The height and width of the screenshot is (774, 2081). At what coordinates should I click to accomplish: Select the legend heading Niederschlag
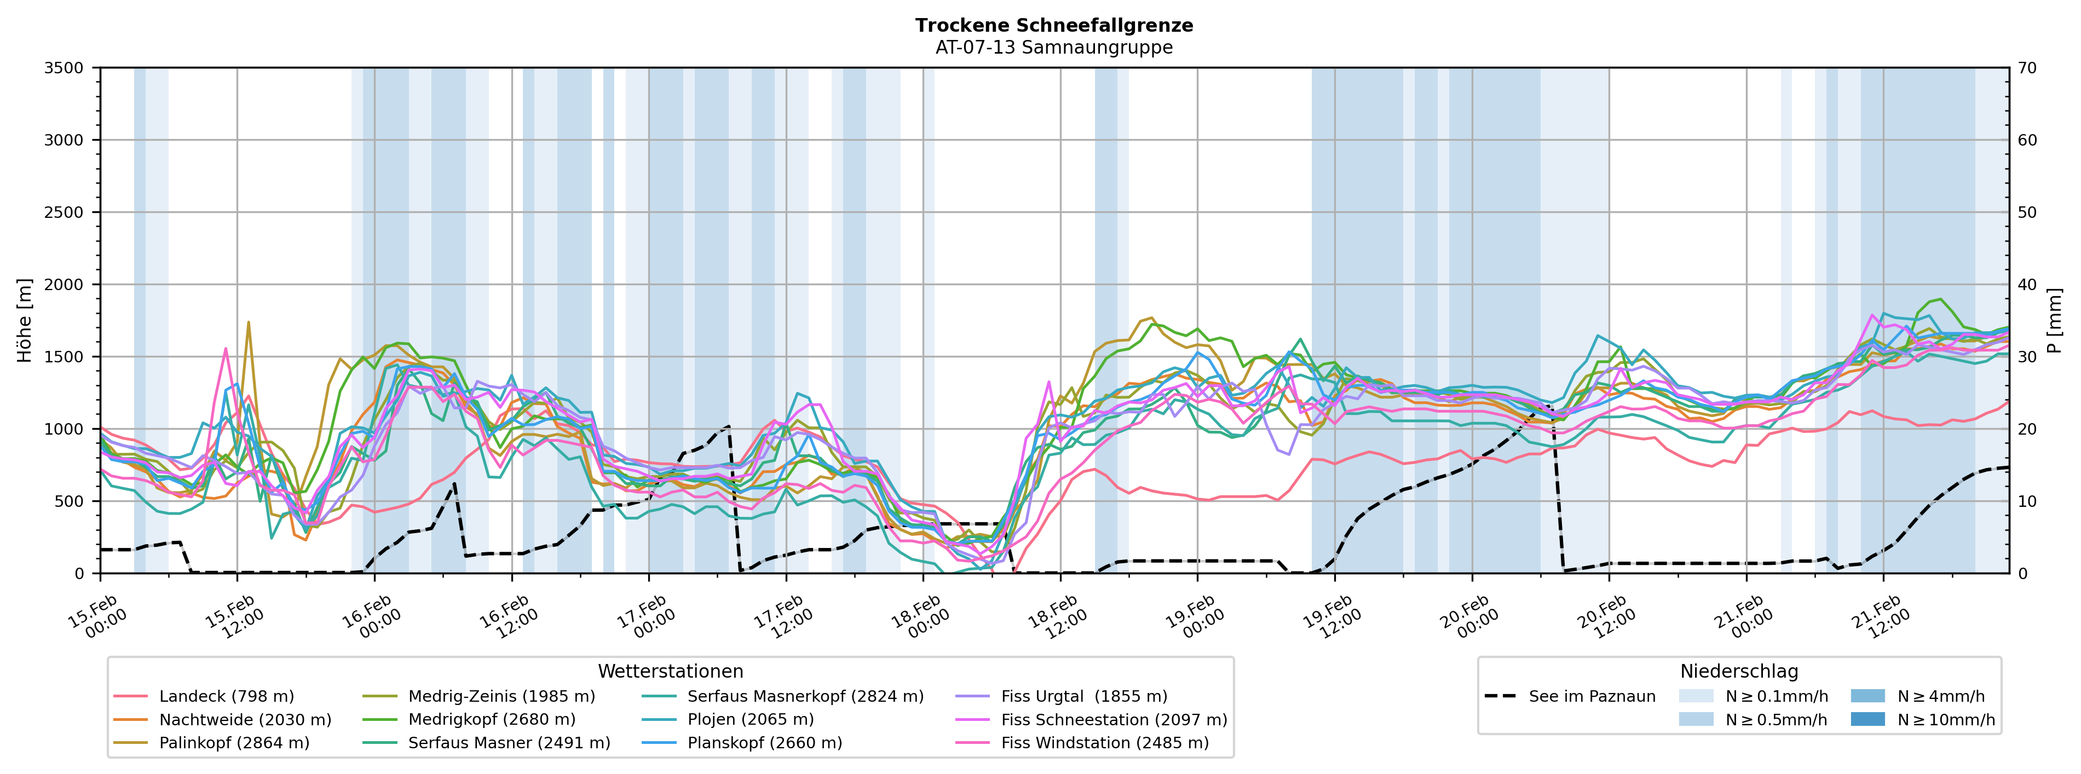pos(1738,672)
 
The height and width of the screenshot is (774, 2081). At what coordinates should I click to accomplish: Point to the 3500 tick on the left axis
pos(64,68)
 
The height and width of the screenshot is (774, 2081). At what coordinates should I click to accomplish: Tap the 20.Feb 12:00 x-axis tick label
pos(1606,617)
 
